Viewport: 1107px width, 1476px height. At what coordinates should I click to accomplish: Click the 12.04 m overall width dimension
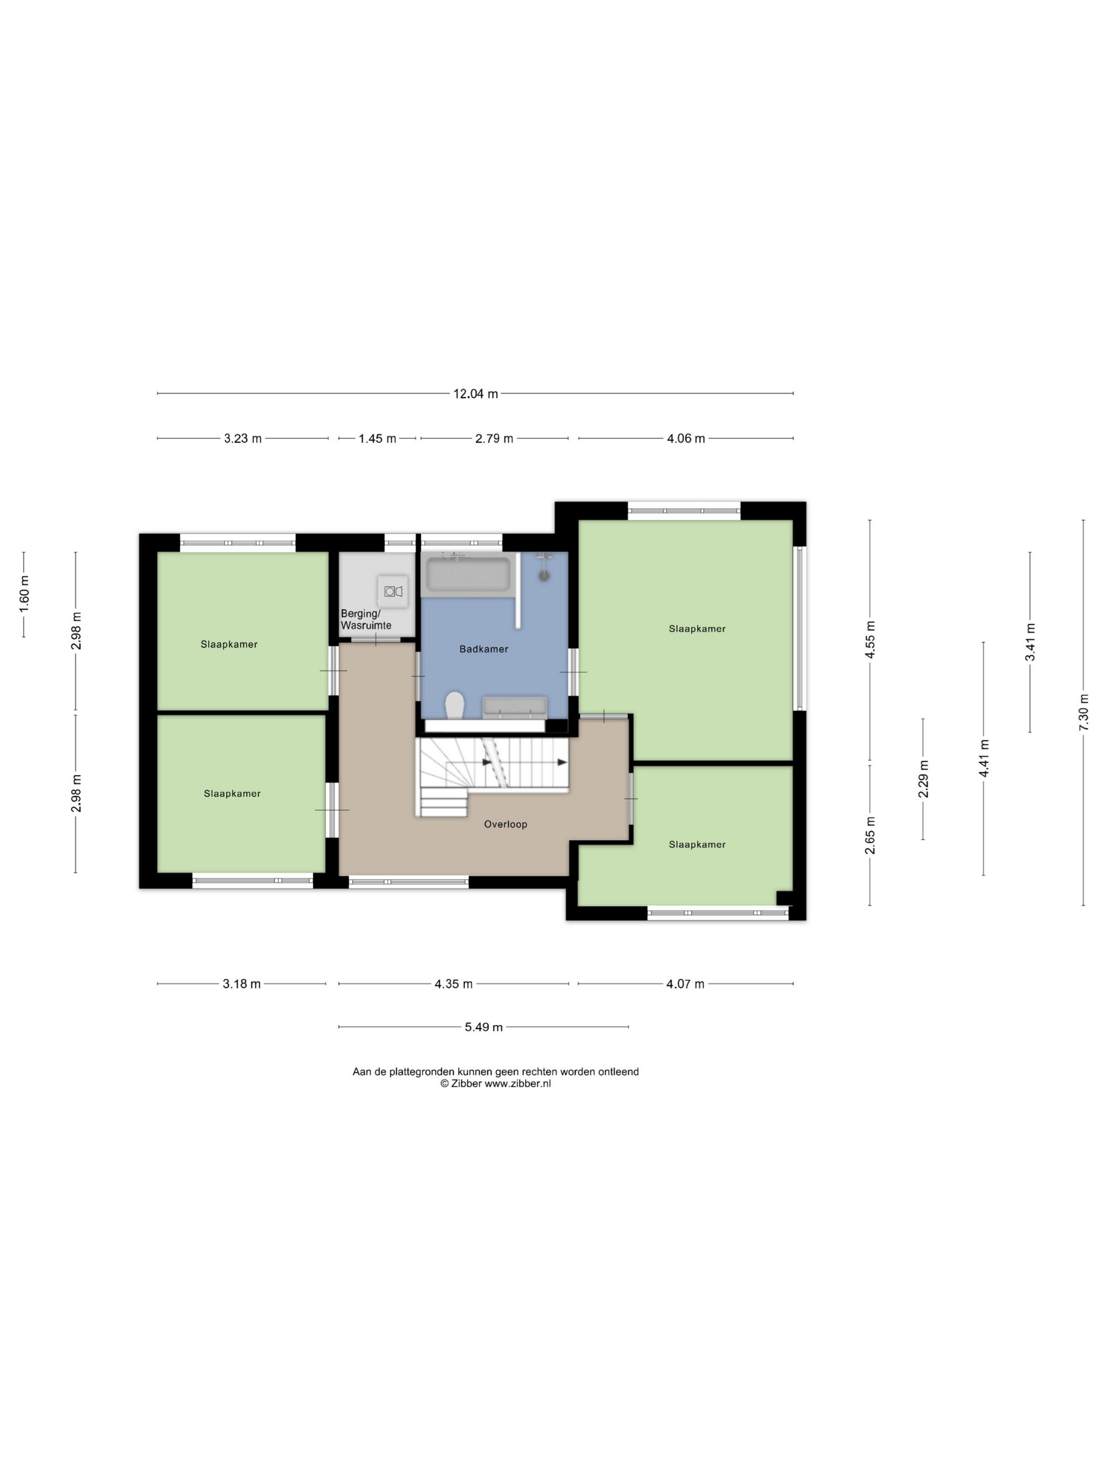[475, 394]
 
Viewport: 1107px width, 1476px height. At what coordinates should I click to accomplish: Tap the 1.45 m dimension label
[377, 439]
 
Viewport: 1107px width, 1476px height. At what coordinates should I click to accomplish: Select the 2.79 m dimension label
[494, 439]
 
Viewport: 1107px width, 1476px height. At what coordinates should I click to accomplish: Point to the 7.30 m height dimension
[1083, 712]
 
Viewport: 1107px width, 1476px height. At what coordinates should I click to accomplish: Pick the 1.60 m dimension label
[24, 594]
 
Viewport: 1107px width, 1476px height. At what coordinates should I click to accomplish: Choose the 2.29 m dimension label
[924, 779]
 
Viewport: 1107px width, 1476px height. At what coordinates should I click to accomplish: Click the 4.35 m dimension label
[454, 984]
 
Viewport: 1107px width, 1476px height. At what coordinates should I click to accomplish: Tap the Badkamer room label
[484, 648]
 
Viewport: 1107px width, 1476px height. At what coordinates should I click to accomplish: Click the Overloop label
[505, 824]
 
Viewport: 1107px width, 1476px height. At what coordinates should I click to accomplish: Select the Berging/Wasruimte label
[366, 619]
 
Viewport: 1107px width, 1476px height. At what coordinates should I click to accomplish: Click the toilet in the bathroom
[455, 705]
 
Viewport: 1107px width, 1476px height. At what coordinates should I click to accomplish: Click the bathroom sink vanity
[514, 707]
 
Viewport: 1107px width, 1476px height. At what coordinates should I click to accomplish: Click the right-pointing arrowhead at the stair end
[562, 762]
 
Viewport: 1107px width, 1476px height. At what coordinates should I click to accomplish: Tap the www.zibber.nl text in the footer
[518, 1084]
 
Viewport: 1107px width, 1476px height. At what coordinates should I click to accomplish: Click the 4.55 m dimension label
[870, 639]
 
